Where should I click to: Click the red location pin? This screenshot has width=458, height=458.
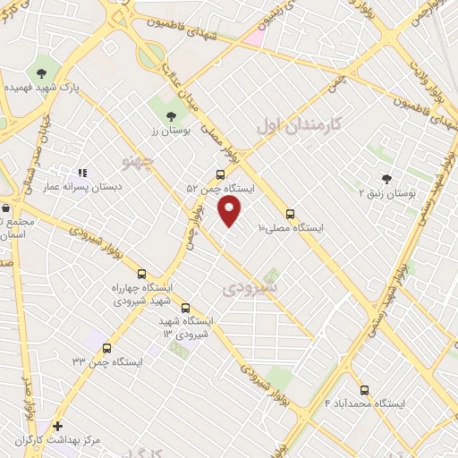230,209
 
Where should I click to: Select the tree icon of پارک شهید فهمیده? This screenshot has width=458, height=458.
41,72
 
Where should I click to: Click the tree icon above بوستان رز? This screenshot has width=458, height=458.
170,114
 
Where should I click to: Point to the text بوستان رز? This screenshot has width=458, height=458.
170,130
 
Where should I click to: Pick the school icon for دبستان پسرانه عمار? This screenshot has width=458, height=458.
82,173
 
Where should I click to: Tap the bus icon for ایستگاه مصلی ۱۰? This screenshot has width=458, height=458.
289,214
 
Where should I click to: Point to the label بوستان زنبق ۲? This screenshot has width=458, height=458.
386,193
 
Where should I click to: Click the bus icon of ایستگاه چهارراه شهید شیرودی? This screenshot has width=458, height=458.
141,274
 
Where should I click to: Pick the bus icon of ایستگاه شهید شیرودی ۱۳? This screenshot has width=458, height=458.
185,308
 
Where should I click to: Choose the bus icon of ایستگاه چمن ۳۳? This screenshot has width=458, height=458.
107,348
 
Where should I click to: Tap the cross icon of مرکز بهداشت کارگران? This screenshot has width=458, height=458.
58,427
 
